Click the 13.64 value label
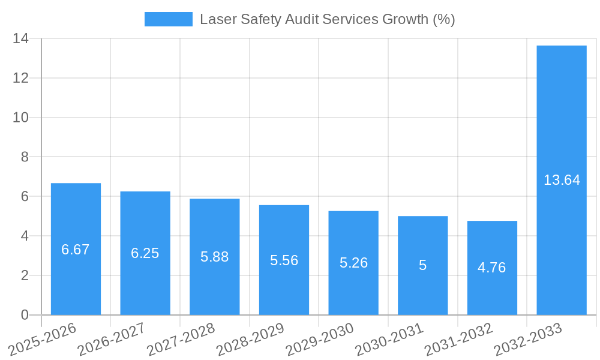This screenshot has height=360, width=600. tap(562, 179)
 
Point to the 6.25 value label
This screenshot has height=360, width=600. tap(145, 253)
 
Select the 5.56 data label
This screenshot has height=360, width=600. tap(284, 260)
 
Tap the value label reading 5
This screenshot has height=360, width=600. tap(423, 265)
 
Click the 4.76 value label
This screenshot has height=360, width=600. tap(492, 268)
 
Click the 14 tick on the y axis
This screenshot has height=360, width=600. tap(21, 39)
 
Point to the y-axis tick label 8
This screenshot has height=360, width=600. tap(25, 157)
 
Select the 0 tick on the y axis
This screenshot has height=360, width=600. tap(25, 315)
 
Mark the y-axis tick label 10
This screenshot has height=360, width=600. tap(21, 118)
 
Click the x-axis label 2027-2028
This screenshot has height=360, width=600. tap(181, 340)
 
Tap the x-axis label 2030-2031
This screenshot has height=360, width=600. tap(389, 340)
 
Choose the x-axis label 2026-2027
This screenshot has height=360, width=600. tap(112, 340)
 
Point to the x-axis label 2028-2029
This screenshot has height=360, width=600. tap(250, 340)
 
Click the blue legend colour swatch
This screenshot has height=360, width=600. tap(168, 19)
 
